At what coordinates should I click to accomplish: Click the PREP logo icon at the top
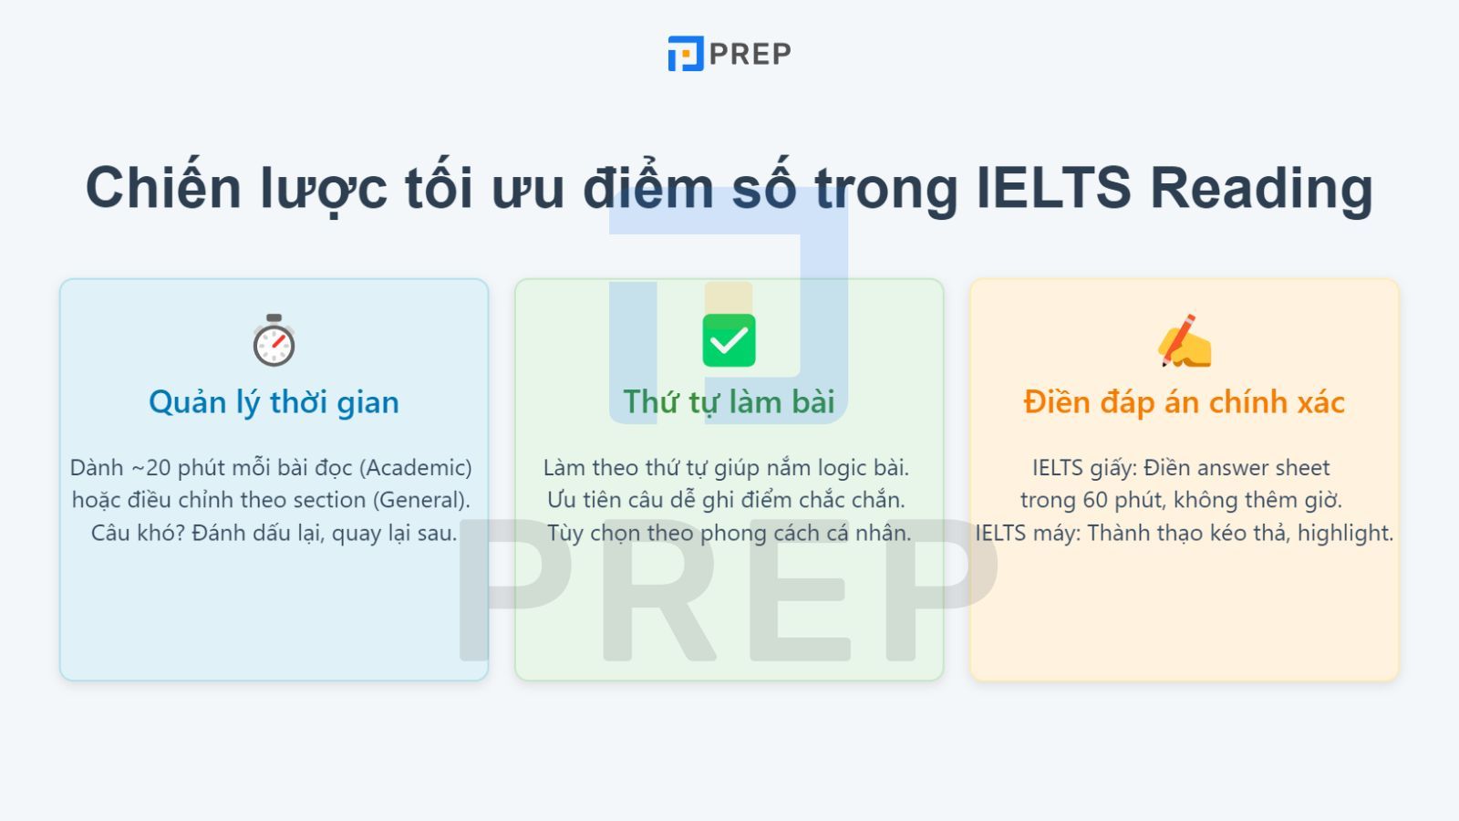pos(685,54)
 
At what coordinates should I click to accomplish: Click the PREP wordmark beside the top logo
pos(750,54)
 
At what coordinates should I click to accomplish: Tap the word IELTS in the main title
pos(1053,188)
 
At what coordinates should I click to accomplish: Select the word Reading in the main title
pos(1262,188)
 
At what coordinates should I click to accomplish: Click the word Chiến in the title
pos(163,186)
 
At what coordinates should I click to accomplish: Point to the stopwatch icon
pos(274,340)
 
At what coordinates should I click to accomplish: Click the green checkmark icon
pos(729,340)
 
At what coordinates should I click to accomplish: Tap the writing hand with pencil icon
pos(1185,341)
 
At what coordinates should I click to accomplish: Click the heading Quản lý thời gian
pos(274,402)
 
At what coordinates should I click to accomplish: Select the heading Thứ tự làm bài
pos(729,401)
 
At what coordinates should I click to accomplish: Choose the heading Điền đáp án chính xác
pos(1185,401)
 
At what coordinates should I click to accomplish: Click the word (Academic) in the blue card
pos(416,468)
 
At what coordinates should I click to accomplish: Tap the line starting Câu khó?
pos(274,533)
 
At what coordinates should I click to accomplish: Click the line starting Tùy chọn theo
pos(729,533)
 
